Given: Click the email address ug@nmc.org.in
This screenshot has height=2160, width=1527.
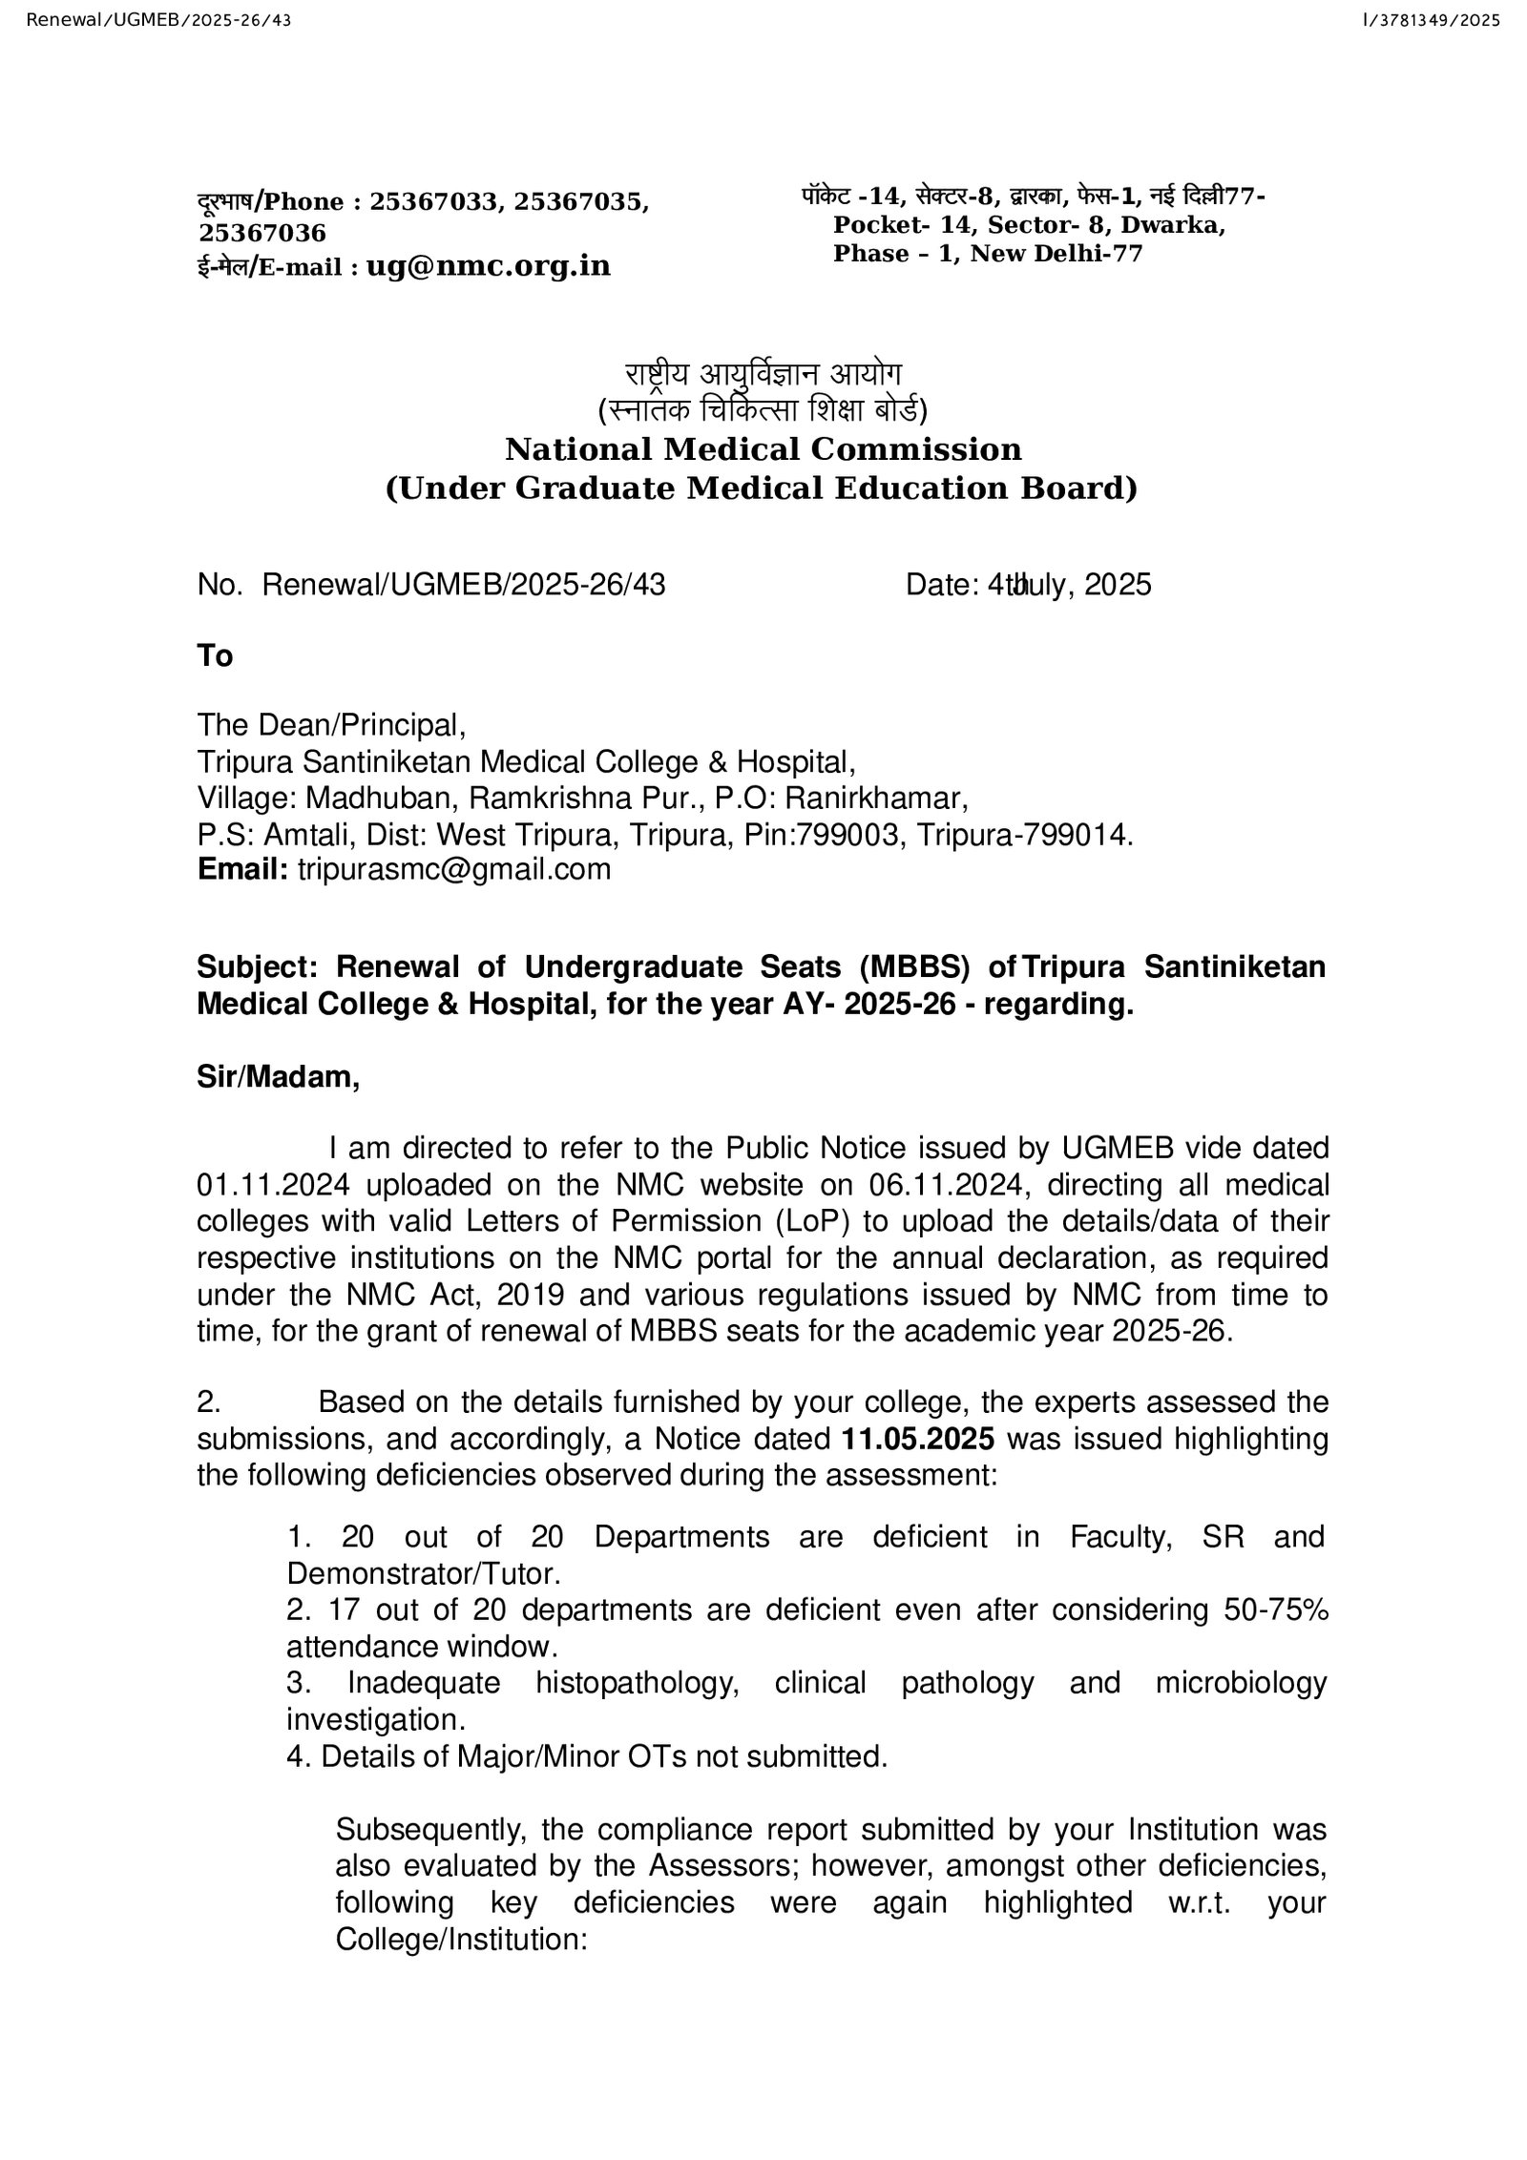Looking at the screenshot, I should (x=488, y=265).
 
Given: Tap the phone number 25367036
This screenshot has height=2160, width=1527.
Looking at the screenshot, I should (x=262, y=233).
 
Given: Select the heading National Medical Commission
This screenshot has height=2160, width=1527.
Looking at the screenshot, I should (x=763, y=448).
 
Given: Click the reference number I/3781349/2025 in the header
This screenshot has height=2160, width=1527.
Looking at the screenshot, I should (x=1433, y=19).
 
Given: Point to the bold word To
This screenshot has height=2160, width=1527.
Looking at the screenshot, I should (x=215, y=655).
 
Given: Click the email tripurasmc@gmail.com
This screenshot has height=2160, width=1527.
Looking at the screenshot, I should (x=454, y=869).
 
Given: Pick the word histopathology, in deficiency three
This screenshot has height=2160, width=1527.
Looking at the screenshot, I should (x=638, y=1682).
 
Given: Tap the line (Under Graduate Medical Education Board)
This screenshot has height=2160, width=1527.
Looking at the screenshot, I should (x=762, y=488).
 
